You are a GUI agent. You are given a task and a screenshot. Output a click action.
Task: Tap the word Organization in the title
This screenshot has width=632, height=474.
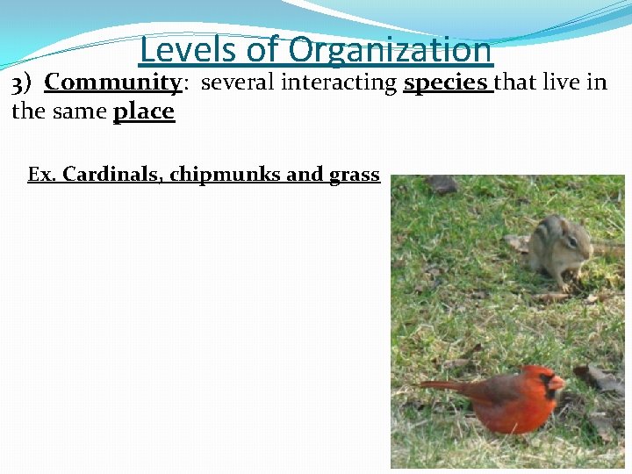tap(390, 49)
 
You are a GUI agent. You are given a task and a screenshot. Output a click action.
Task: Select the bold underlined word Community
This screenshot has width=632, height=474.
tap(112, 83)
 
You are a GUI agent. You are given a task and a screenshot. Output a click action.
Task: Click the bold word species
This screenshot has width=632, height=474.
tap(445, 83)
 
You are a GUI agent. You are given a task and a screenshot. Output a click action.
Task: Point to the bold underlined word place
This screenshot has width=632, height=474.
tap(144, 111)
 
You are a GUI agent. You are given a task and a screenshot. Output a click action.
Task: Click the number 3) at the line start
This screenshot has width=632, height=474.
tap(21, 83)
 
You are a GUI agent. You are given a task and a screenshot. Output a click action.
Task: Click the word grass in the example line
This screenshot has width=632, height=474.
tap(354, 175)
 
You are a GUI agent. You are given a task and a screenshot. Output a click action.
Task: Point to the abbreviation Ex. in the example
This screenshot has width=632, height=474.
tap(41, 175)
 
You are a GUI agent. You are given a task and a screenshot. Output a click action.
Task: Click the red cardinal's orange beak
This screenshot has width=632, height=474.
tap(557, 383)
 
